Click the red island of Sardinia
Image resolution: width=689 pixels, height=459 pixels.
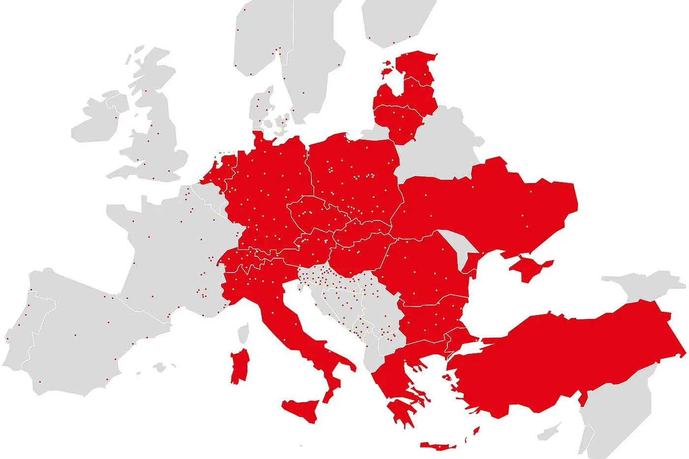point(240,367)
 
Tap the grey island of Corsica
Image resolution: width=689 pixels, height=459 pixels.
point(243,333)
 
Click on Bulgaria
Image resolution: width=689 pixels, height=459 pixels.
point(431,320)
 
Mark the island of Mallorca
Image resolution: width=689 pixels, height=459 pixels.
point(159,367)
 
